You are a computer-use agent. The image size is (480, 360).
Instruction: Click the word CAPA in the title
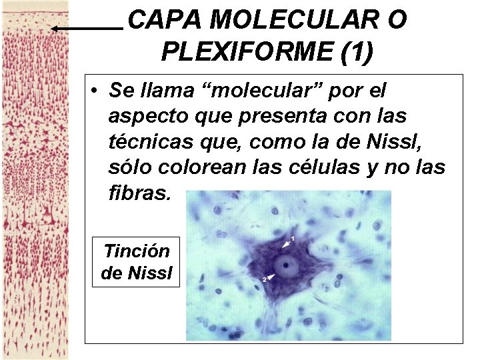165,21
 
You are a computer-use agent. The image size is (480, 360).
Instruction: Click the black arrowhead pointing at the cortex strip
55,29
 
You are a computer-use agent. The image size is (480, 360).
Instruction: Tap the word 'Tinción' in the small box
136,251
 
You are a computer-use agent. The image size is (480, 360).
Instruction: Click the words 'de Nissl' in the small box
136,273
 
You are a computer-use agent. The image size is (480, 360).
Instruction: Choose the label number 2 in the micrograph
264,279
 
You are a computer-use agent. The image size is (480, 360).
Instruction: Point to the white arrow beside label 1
286,241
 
